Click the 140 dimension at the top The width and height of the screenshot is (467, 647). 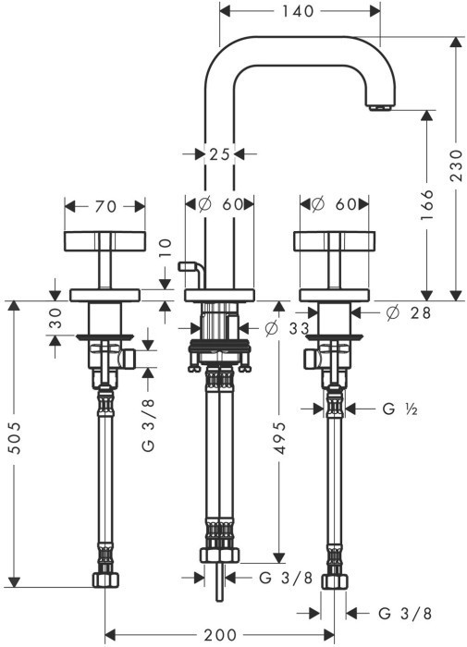298,11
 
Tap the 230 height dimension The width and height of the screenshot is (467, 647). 456,165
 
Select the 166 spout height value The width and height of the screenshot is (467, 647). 427,204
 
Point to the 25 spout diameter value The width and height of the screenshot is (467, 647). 219,154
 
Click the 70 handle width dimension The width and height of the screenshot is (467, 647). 105,206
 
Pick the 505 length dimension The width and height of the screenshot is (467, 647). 15,438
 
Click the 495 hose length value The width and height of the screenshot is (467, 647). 280,438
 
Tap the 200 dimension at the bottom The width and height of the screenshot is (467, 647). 220,635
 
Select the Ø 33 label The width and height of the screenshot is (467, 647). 287,328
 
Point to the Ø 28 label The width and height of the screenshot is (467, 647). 408,312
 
